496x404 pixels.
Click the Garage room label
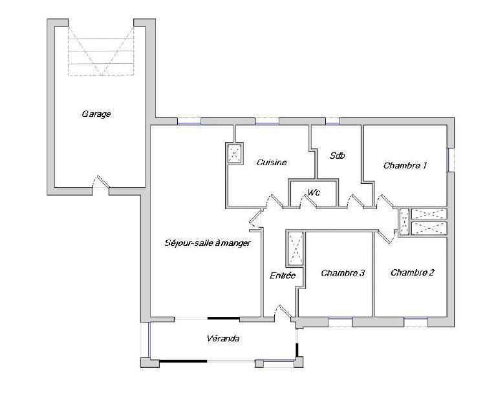[x=96, y=114]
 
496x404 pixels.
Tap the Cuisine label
[x=271, y=163]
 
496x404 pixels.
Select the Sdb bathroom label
[x=336, y=156]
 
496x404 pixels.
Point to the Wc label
[x=314, y=192]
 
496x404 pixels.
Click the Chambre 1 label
[x=405, y=166]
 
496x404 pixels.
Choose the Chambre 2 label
[x=412, y=272]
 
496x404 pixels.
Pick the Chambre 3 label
[x=343, y=273]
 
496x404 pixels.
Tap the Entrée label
[x=283, y=276]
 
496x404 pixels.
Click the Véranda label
[x=223, y=338]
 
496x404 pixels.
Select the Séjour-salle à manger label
[x=208, y=243]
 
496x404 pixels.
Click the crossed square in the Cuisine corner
[x=234, y=154]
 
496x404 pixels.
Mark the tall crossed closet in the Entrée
[x=296, y=248]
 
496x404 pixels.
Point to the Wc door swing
[x=310, y=203]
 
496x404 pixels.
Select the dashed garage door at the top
[x=101, y=48]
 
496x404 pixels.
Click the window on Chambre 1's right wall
[x=451, y=160]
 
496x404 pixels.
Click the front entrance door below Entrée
[x=283, y=312]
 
